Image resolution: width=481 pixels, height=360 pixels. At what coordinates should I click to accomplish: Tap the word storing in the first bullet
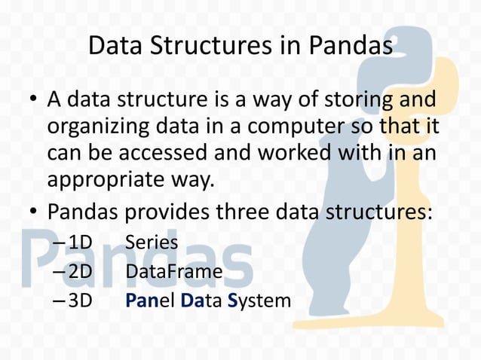tap(357, 100)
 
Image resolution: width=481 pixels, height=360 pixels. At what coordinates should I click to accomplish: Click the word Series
tap(152, 243)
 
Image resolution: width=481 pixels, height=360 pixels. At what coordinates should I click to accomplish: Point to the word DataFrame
tap(173, 272)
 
